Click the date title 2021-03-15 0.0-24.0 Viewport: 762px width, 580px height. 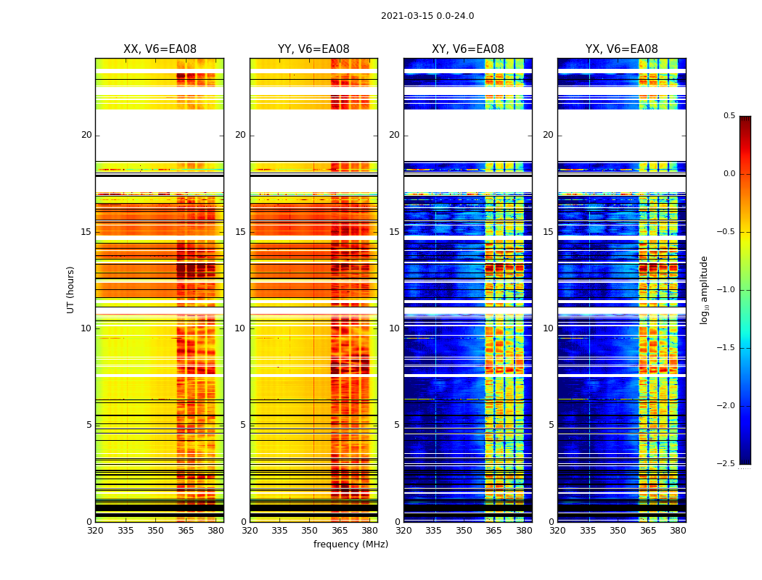[x=427, y=16]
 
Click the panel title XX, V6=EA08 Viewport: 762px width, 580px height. [x=160, y=49]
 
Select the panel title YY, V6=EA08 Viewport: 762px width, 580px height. [x=314, y=49]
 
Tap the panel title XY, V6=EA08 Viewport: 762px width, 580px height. [x=468, y=49]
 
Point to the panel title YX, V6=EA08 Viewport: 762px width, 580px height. [x=622, y=49]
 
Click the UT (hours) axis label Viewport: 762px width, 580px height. [x=71, y=289]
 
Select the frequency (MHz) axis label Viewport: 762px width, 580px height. [x=351, y=544]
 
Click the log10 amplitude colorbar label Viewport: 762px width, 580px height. [x=703, y=289]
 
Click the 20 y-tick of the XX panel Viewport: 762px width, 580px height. [x=86, y=135]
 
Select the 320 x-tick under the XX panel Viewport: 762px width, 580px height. [x=95, y=531]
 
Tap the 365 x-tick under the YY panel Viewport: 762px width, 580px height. [x=340, y=531]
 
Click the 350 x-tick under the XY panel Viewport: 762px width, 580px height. [x=464, y=531]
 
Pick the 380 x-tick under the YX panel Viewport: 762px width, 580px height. [x=678, y=531]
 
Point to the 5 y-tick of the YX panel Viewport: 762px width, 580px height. [x=551, y=425]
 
